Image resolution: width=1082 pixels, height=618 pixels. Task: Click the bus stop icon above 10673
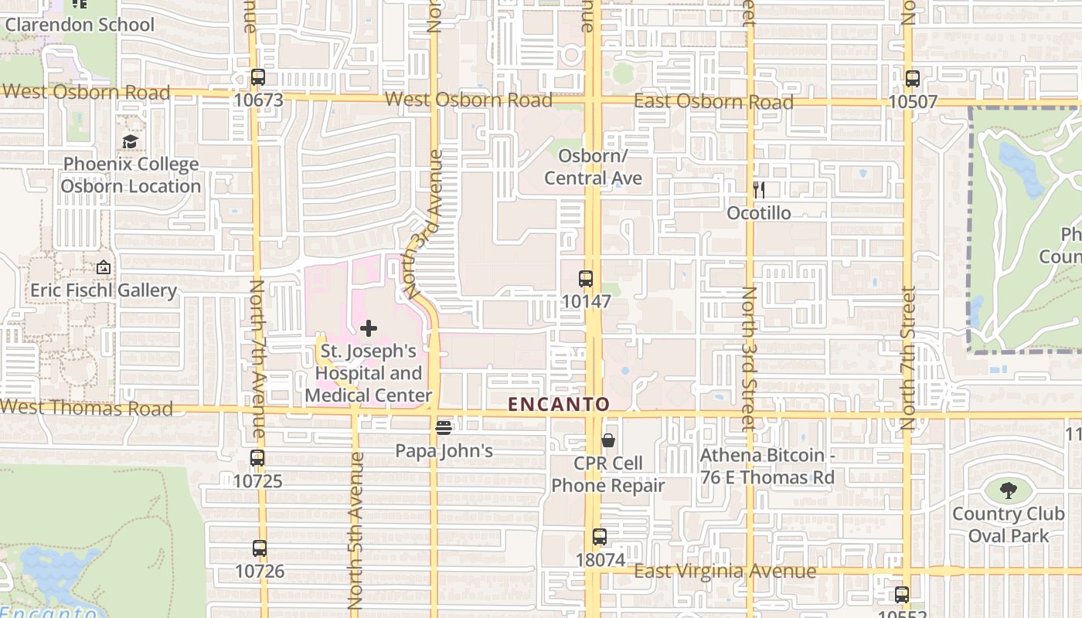click(x=258, y=77)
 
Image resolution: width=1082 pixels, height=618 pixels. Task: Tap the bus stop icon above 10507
click(x=913, y=79)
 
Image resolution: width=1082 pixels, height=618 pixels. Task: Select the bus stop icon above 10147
click(x=586, y=279)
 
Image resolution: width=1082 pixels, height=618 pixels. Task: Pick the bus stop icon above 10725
click(x=257, y=458)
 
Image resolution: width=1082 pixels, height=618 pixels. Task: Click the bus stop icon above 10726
click(x=260, y=548)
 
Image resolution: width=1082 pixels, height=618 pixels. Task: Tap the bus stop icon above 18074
click(x=600, y=537)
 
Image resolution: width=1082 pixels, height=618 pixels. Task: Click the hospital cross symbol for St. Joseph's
click(x=369, y=328)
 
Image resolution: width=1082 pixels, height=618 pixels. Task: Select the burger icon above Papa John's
click(x=444, y=427)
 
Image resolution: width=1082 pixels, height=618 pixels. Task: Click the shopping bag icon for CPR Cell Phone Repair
click(x=608, y=440)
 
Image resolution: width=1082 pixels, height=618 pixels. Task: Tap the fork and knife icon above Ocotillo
click(x=759, y=190)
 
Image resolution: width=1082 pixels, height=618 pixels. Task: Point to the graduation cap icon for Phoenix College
click(x=130, y=141)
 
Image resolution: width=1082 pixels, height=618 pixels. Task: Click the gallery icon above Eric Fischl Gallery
click(x=104, y=267)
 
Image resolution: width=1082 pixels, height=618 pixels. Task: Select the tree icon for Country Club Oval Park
click(x=1008, y=490)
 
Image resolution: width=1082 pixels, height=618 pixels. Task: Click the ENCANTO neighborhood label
click(x=559, y=404)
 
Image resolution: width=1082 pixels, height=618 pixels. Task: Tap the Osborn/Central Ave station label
click(x=593, y=167)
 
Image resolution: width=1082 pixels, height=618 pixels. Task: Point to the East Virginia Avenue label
click(x=725, y=572)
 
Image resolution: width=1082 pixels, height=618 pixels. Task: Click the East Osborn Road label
click(x=713, y=102)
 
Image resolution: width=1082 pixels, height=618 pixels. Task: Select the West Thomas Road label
click(x=87, y=408)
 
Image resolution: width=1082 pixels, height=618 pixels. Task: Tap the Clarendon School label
click(x=80, y=25)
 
